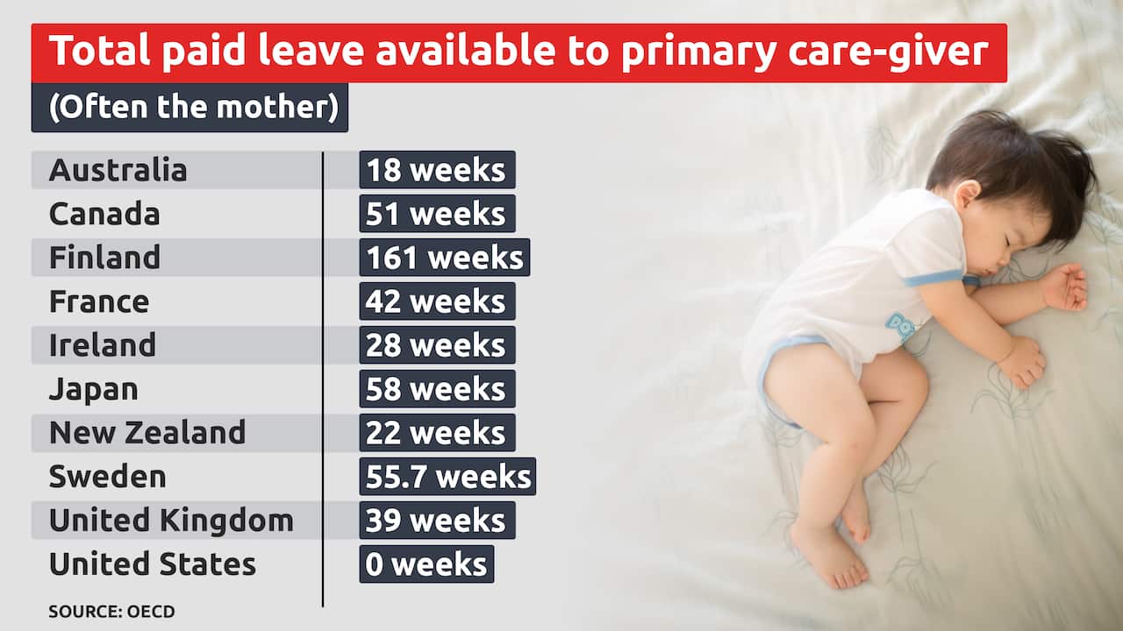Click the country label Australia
click(x=118, y=170)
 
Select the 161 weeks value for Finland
click(x=444, y=258)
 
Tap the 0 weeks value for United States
click(x=426, y=564)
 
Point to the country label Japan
click(x=93, y=389)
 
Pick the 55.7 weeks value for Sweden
click(x=447, y=477)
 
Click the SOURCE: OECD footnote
click(x=111, y=612)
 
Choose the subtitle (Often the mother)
click(x=190, y=108)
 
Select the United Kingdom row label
click(x=171, y=521)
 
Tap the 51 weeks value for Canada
click(x=437, y=214)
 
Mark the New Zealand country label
click(x=147, y=433)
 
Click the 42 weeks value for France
click(x=437, y=301)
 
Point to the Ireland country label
click(x=102, y=345)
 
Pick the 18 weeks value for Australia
click(x=437, y=170)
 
